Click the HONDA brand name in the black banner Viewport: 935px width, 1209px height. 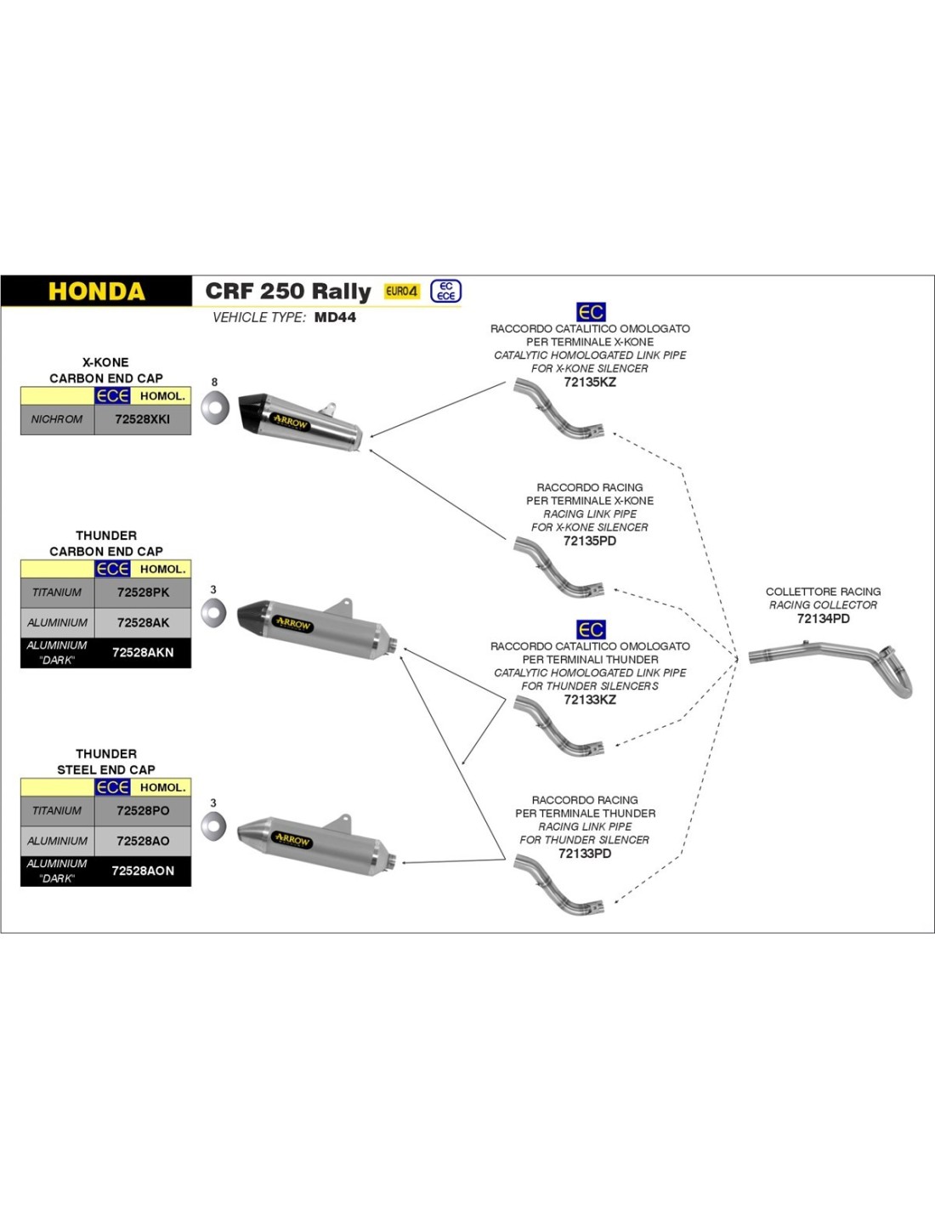96,292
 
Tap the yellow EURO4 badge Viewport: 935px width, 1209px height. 401,291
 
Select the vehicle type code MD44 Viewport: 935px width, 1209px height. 335,317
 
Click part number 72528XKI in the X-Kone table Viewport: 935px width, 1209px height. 143,419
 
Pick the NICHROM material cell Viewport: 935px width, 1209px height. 57,419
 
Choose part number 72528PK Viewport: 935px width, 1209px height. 143,593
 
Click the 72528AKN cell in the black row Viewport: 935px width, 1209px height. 143,652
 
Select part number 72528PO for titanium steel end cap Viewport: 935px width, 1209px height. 143,811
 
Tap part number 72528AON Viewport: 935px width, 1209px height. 143,871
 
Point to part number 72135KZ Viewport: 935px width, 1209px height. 590,383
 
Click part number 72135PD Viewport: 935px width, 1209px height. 590,541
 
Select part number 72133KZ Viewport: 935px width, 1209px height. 590,700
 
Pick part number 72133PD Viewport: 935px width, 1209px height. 585,854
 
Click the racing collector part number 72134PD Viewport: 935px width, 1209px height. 823,619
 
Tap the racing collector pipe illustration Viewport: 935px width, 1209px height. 833,663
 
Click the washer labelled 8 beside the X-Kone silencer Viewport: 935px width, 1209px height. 215,408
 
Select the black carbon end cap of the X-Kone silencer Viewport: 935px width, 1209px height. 253,412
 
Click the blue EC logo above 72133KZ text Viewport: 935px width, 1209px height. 591,630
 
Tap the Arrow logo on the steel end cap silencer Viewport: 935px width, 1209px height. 292,839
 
